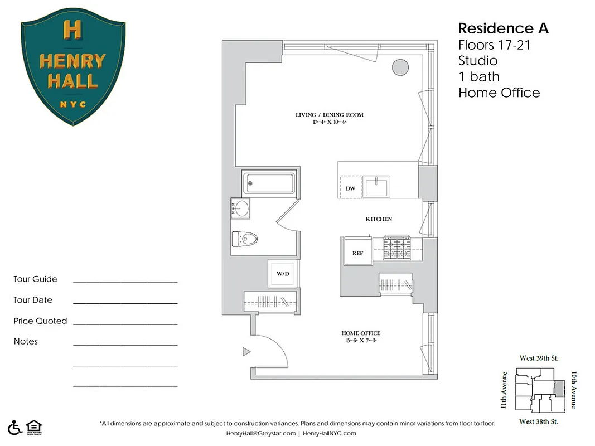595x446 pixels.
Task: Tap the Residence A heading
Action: [x=503, y=28]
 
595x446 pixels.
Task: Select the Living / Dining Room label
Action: [x=329, y=115]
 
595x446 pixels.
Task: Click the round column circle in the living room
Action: [x=400, y=67]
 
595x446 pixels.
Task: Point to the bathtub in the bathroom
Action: [x=269, y=183]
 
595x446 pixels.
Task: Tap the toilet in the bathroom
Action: [x=245, y=239]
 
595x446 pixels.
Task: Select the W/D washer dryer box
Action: [x=283, y=274]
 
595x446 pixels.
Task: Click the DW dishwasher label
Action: [x=350, y=188]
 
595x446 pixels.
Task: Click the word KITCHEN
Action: [x=379, y=219]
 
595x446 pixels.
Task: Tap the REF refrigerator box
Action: [x=357, y=253]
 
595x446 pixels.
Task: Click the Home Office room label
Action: [x=361, y=333]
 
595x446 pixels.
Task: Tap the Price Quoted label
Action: [x=40, y=321]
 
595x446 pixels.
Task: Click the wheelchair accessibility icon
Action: [x=16, y=427]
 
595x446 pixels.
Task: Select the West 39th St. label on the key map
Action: [x=539, y=358]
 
